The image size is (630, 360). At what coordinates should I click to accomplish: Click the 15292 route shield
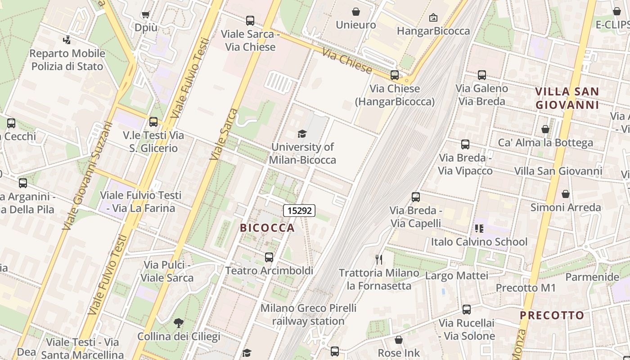click(299, 210)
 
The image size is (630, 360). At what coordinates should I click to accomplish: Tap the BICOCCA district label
click(267, 228)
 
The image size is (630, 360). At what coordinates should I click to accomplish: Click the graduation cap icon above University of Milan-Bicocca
click(302, 134)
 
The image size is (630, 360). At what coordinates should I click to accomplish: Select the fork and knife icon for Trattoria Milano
click(379, 259)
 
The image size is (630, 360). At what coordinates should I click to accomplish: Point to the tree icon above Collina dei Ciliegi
click(179, 323)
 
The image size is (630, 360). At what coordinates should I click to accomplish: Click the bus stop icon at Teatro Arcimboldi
click(269, 257)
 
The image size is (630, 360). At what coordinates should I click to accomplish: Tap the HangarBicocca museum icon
click(433, 18)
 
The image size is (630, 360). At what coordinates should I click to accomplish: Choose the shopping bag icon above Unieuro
click(356, 12)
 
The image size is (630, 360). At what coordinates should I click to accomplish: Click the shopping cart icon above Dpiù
click(145, 15)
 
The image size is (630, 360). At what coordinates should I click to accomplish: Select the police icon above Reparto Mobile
click(67, 40)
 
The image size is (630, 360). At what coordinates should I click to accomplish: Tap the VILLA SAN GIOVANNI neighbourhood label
click(567, 98)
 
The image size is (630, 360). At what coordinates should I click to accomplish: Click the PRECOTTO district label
click(552, 315)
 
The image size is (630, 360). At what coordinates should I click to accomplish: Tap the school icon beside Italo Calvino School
click(479, 229)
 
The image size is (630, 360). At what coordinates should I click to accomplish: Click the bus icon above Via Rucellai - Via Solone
click(467, 310)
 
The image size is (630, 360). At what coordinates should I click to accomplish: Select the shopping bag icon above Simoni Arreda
click(566, 194)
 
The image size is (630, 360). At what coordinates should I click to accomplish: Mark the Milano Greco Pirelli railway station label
click(308, 315)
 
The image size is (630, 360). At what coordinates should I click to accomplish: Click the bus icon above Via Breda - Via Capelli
click(416, 197)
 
